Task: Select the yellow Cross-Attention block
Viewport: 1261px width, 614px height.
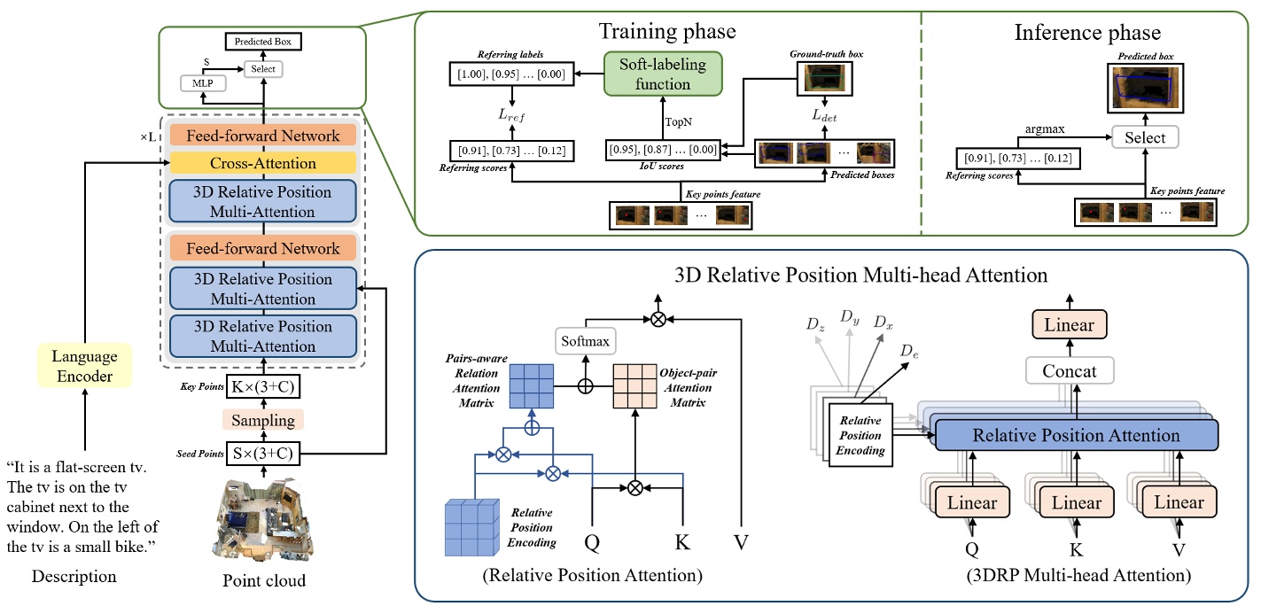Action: point(262,163)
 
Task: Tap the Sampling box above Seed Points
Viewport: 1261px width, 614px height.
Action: point(262,420)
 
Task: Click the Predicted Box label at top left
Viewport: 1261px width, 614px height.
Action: point(263,42)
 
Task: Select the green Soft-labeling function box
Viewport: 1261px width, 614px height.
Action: point(663,74)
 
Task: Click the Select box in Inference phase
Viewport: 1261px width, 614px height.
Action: point(1145,137)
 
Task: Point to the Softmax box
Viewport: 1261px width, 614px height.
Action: point(584,338)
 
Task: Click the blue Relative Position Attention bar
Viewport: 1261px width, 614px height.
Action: point(1076,435)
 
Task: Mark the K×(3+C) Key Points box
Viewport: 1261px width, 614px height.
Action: point(262,386)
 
